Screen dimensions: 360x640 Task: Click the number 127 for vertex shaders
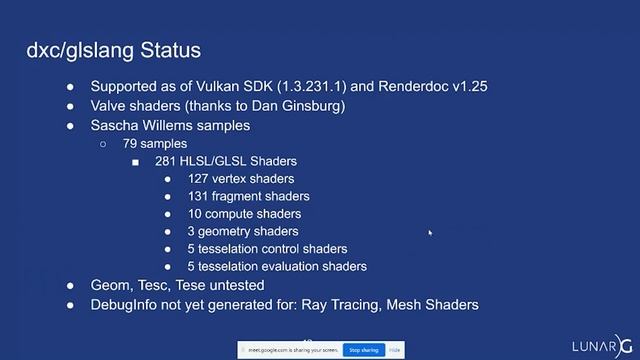click(199, 179)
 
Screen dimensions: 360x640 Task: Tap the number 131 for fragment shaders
click(199, 196)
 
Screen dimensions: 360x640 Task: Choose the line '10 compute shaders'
click(244, 214)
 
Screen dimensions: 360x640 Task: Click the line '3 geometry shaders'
click(243, 231)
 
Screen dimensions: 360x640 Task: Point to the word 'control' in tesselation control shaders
click(285, 249)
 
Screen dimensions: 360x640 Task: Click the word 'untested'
click(240, 285)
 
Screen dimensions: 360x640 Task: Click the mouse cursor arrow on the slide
click(431, 233)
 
